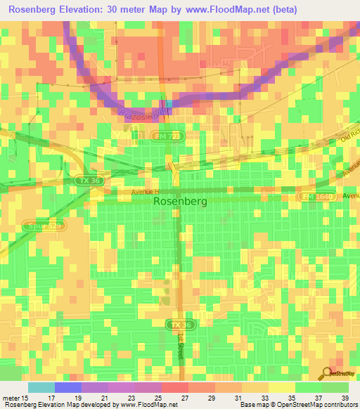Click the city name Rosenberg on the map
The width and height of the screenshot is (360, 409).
(x=179, y=201)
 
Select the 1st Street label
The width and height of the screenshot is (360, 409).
(x=180, y=349)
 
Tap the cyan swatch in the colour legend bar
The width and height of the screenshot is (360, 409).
(x=41, y=387)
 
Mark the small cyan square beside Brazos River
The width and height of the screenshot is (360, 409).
(x=169, y=103)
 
